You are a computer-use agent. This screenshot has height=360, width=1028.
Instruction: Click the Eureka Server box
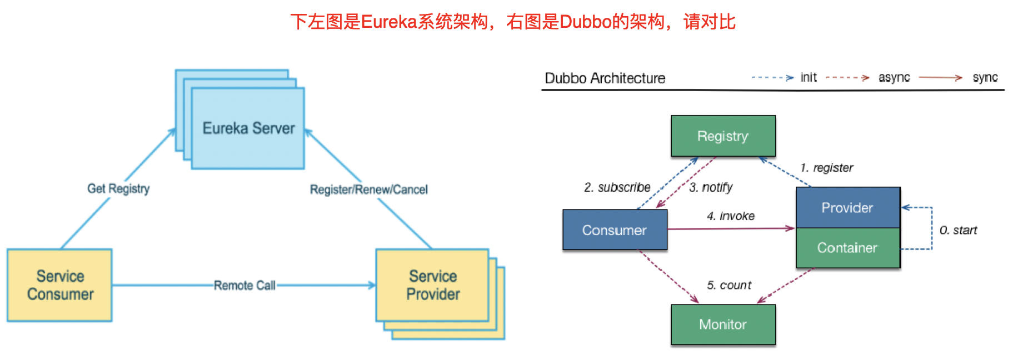(248, 128)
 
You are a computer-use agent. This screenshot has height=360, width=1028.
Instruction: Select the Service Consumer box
(59, 285)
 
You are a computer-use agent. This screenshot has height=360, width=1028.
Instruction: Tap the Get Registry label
(118, 189)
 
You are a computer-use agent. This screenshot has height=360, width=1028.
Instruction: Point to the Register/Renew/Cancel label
(368, 189)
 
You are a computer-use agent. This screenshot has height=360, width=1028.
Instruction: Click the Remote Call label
(244, 286)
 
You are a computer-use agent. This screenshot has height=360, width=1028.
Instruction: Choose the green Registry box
(723, 136)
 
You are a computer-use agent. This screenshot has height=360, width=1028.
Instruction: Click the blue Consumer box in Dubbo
(615, 230)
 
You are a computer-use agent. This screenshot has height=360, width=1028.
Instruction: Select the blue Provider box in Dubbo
(847, 208)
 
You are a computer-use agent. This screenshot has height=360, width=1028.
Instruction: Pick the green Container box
(847, 248)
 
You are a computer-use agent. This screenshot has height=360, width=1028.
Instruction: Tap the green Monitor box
(723, 324)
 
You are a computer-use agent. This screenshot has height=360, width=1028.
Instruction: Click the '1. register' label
(826, 168)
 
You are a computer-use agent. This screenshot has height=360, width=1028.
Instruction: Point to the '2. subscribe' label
(617, 187)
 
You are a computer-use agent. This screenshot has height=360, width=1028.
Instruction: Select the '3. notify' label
(711, 187)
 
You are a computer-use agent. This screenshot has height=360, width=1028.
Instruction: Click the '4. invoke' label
(730, 216)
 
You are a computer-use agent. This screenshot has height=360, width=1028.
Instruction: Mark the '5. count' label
(728, 286)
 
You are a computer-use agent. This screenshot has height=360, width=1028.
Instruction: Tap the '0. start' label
(958, 230)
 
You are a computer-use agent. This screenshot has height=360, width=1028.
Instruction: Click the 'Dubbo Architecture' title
(605, 78)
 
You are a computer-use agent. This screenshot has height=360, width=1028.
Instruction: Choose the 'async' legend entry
(894, 78)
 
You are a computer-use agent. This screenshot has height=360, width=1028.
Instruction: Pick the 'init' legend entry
(808, 78)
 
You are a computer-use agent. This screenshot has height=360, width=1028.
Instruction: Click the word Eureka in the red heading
(389, 22)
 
